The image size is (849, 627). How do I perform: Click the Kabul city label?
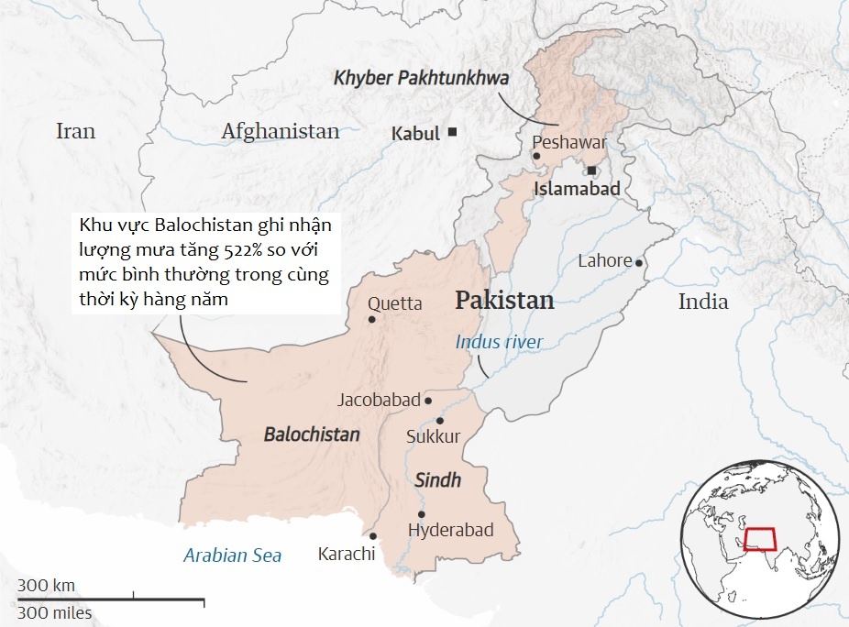[415, 133]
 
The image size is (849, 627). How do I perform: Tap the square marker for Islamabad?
[592, 170]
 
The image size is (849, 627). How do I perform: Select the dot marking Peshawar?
[536, 156]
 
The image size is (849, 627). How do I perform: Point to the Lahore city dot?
[639, 262]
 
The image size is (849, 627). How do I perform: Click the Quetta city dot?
[371, 320]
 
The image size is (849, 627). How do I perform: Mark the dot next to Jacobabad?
[428, 401]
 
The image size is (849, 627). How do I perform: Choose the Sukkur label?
[433, 437]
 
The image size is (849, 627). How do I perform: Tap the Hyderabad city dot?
[422, 513]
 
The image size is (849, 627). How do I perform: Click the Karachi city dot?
[373, 536]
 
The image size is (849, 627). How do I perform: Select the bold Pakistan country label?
[504, 301]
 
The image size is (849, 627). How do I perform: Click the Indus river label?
[499, 342]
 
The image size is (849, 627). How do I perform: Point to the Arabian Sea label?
[232, 555]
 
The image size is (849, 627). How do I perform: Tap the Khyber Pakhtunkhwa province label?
[421, 78]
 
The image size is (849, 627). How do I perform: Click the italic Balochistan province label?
[312, 434]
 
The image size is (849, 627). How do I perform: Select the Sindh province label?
[437, 480]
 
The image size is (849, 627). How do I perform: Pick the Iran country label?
[75, 131]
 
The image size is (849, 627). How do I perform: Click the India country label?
[703, 302]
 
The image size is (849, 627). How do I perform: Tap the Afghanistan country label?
[280, 131]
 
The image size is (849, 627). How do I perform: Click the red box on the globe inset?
[759, 538]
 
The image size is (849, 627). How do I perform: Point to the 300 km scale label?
[46, 586]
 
